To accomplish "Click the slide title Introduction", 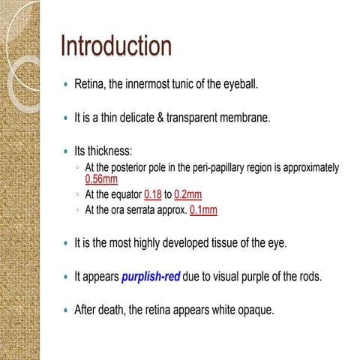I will coord(116,46).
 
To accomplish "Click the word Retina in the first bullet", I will coord(90,85).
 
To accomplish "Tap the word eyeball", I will coord(238,85).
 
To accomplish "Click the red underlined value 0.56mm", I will coord(101,179).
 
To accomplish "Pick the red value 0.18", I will coord(153,194).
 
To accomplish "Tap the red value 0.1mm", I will coord(203,210).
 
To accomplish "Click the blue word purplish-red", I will coord(150,276).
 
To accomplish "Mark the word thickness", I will coord(112,150).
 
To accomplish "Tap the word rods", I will coord(310,276).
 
